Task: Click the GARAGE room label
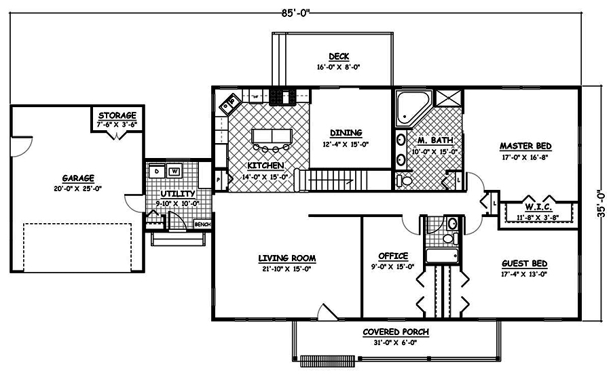pos(79,178)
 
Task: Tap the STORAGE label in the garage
pos(117,115)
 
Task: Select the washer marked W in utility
pos(174,172)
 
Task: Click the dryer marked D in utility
pos(157,172)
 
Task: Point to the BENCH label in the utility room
pos(202,224)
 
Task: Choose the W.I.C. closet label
pos(536,205)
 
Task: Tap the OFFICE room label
pos(393,256)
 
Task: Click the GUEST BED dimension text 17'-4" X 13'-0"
pos(524,274)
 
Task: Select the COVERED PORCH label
pos(395,332)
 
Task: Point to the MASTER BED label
pos(525,146)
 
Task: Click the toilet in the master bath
pos(405,180)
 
